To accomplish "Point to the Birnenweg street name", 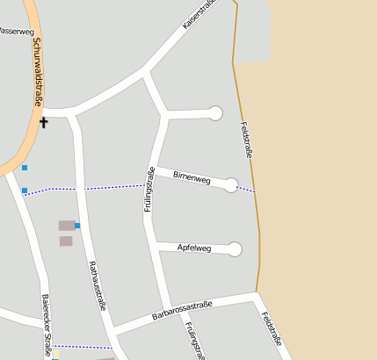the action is click(192, 178).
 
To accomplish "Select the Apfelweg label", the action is click(194, 248).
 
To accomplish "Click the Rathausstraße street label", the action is click(98, 285).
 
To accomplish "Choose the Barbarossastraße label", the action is click(182, 311).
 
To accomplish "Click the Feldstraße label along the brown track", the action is click(247, 141).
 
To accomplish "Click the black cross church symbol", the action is click(43, 122).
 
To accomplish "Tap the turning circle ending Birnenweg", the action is click(231, 184).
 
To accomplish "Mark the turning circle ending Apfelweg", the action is click(235, 249).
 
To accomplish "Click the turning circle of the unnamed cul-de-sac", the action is click(215, 112).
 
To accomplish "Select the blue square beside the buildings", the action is click(77, 226).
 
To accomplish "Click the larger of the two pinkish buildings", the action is click(67, 226).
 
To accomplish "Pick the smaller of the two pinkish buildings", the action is click(66, 241).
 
